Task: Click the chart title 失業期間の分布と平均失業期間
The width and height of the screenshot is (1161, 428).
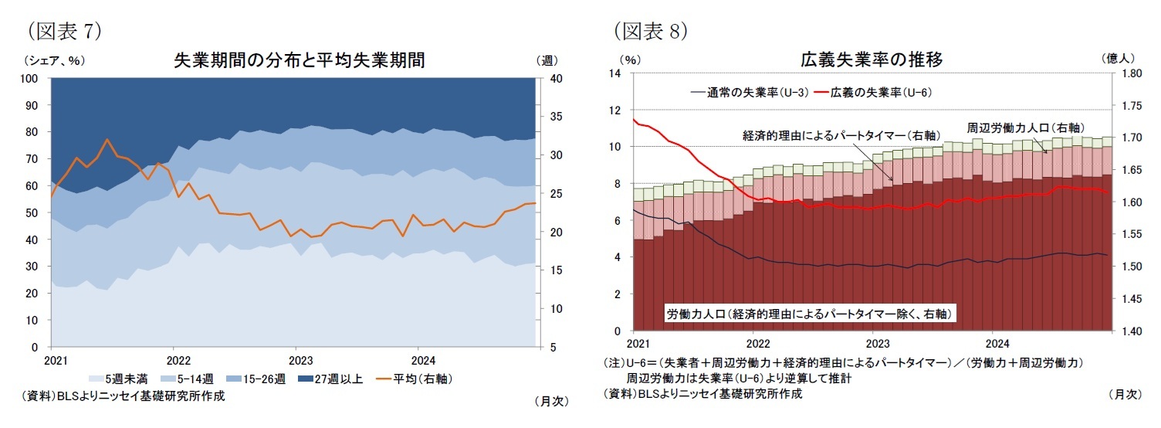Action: pyautogui.click(x=300, y=60)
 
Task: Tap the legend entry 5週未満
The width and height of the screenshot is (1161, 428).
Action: pyautogui.click(x=122, y=379)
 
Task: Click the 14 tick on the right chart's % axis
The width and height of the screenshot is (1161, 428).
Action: pyautogui.click(x=615, y=73)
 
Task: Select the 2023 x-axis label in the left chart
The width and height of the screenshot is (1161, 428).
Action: pyautogui.click(x=300, y=360)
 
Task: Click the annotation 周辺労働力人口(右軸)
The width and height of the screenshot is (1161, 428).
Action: pyautogui.click(x=1024, y=127)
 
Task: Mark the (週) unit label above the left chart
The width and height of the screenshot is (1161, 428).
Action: pyautogui.click(x=544, y=59)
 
